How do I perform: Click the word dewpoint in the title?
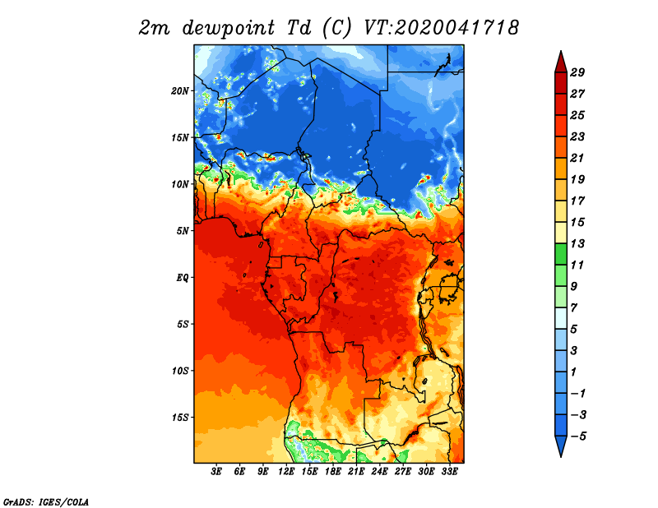click(229, 28)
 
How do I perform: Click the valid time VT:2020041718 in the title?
click(441, 28)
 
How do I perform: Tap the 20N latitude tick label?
click(180, 91)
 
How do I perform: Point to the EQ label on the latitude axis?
click(183, 278)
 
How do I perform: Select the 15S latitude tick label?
click(180, 418)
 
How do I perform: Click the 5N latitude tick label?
click(183, 231)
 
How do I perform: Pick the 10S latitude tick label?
click(180, 371)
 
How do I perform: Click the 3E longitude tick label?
click(216, 472)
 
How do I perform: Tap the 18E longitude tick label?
click(333, 472)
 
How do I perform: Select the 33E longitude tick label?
click(449, 472)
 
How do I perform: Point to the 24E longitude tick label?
click(379, 472)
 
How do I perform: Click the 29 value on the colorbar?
click(577, 72)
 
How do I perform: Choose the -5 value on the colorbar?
click(578, 436)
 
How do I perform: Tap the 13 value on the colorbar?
click(577, 243)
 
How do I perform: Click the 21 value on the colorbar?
click(577, 158)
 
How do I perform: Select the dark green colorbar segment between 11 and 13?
click(561, 254)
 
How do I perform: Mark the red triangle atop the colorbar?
click(561, 62)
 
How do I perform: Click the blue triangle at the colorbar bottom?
click(561, 446)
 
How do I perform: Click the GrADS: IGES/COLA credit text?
click(46, 502)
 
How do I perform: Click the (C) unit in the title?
click(336, 28)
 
